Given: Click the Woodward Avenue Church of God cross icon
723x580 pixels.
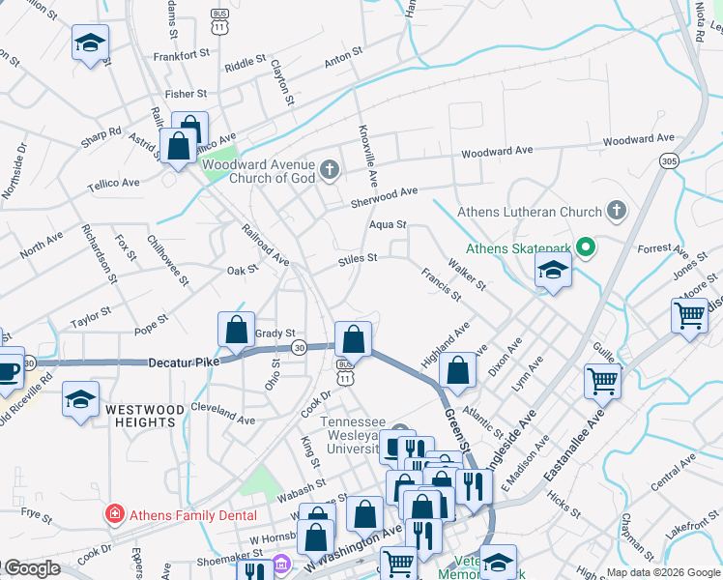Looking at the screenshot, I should pos(329,171).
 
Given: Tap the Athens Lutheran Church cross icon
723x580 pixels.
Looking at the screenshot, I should pos(616,211).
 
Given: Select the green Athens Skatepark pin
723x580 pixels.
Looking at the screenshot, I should pos(585,248).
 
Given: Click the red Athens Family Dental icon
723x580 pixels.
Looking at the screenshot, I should pos(114,512).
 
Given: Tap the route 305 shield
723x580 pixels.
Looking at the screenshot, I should pos(668,160).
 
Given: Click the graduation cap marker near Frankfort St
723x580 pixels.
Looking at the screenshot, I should pos(90,43).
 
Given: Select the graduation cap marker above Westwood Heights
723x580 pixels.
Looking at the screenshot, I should pos(81,398).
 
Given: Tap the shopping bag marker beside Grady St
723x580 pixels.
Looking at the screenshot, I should pos(237,331).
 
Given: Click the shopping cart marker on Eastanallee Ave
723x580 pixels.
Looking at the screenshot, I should pos(602,380).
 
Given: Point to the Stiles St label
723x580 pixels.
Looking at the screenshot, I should pos(357,258).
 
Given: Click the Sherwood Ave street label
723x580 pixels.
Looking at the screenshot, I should pos(384,196).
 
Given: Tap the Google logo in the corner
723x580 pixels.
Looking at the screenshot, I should pos(32,568).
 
